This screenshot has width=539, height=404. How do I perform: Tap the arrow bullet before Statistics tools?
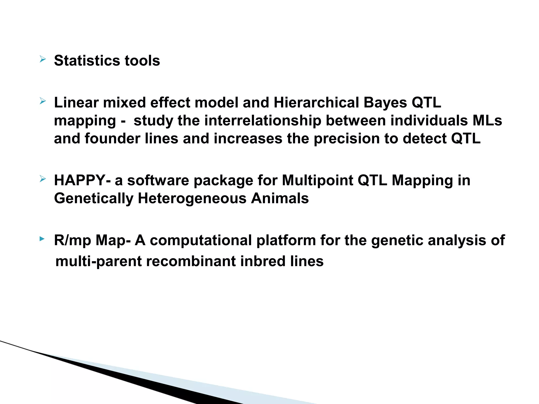pyautogui.click(x=43, y=59)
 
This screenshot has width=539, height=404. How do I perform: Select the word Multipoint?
pyautogui.click(x=317, y=180)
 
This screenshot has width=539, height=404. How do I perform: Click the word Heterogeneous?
pyautogui.click(x=192, y=198)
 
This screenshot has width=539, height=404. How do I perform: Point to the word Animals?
pyautogui.click(x=280, y=198)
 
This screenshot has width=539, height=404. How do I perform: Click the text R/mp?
pyautogui.click(x=72, y=240)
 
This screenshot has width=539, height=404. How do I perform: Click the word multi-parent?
pyautogui.click(x=99, y=261)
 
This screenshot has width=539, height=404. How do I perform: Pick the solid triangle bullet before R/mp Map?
pyautogui.click(x=42, y=239)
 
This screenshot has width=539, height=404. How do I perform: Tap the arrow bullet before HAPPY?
pyautogui.click(x=43, y=179)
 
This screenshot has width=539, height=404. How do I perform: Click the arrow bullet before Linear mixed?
pyautogui.click(x=43, y=101)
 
